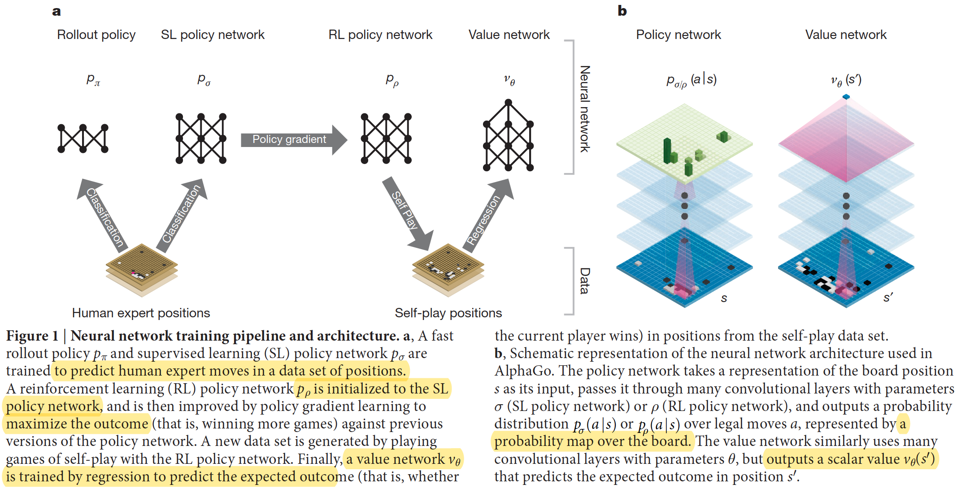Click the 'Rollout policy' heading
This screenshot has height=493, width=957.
96,35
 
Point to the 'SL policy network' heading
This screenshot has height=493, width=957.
213,35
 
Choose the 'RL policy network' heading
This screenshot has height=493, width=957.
380,35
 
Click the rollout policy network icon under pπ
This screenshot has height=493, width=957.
83,138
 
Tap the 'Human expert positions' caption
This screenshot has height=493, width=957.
141,313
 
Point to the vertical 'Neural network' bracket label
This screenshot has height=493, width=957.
585,108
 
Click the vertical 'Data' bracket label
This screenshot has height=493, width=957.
585,281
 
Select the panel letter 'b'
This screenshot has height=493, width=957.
622,11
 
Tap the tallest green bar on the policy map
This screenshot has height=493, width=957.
667,150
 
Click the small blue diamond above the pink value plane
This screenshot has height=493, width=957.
846,97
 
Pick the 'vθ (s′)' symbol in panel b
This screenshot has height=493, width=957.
846,80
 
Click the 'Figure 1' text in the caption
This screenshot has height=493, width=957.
32,336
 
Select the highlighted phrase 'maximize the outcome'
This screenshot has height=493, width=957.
77,424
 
